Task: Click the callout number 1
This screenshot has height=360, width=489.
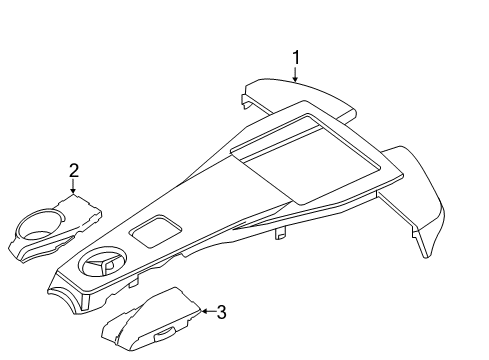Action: pyautogui.click(x=296, y=58)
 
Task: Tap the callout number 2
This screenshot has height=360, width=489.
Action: pyautogui.click(x=74, y=170)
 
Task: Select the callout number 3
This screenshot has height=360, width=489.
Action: pyautogui.click(x=222, y=312)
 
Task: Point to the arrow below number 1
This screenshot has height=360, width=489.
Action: pyautogui.click(x=295, y=74)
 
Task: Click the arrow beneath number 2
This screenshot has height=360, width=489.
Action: pyautogui.click(x=73, y=186)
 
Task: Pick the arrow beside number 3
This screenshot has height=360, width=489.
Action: pyautogui.click(x=209, y=311)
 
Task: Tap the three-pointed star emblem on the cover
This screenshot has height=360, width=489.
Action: pyautogui.click(x=102, y=262)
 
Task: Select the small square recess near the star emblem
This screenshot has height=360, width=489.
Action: pyautogui.click(x=156, y=231)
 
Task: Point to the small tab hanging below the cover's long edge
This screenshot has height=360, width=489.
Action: pyautogui.click(x=281, y=233)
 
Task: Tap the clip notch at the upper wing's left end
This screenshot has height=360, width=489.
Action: pyautogui.click(x=246, y=101)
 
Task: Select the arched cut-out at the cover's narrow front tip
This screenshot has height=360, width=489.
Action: pyautogui.click(x=66, y=298)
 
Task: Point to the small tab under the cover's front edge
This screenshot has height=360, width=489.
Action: pyautogui.click(x=133, y=283)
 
